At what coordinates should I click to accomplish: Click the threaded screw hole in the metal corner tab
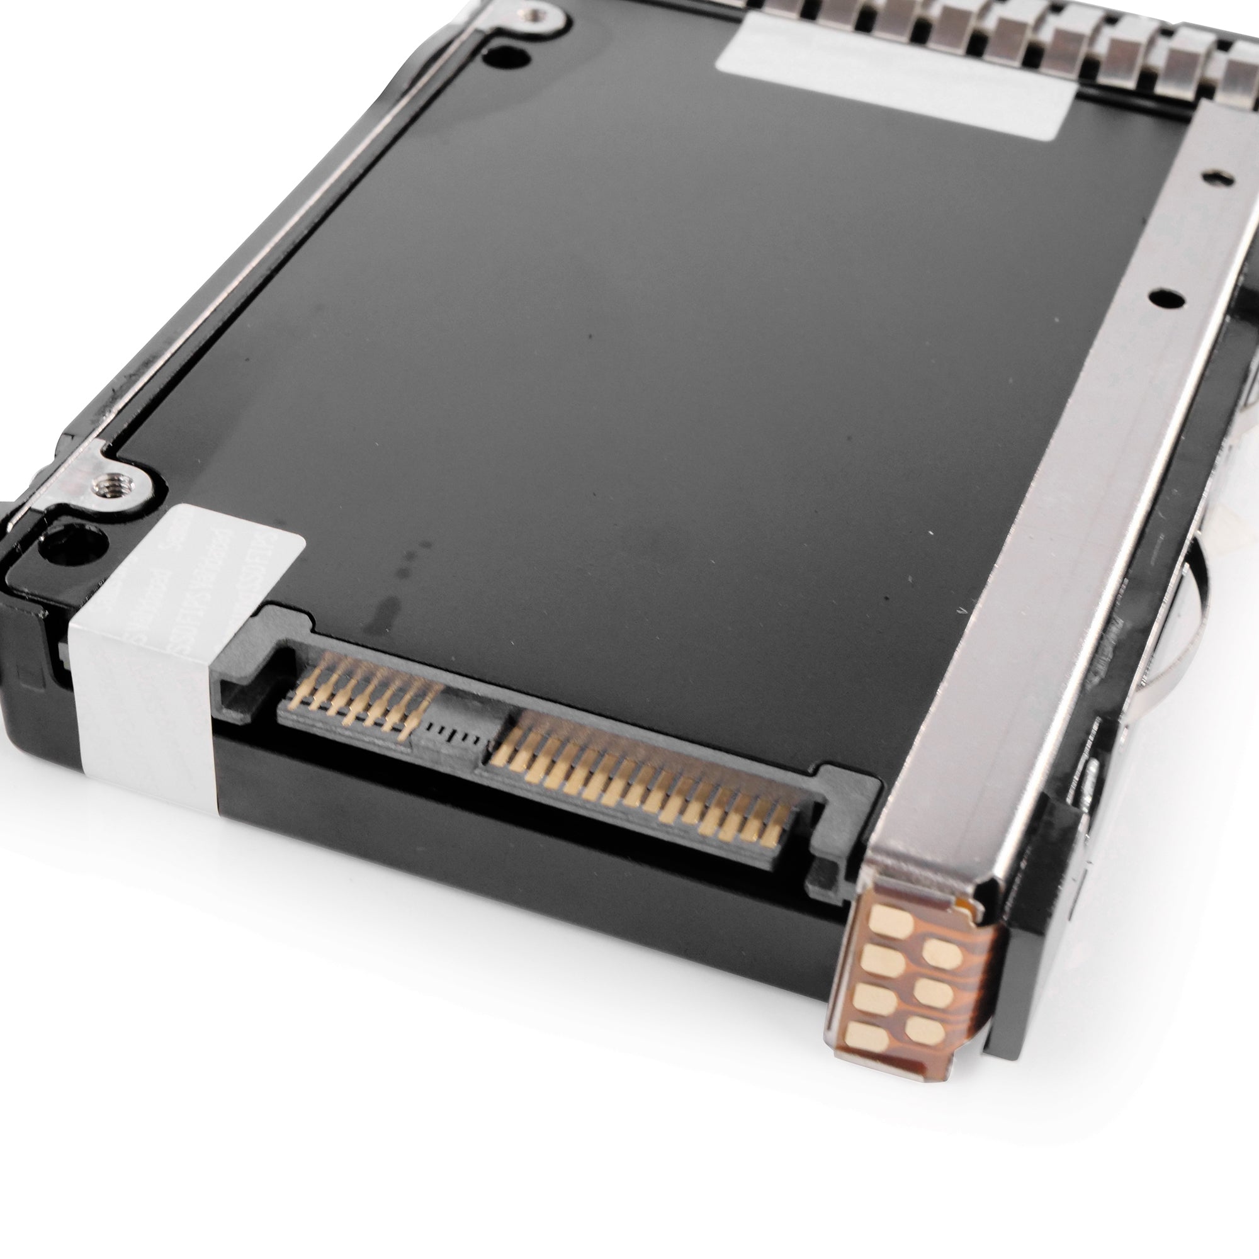[x=106, y=483]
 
